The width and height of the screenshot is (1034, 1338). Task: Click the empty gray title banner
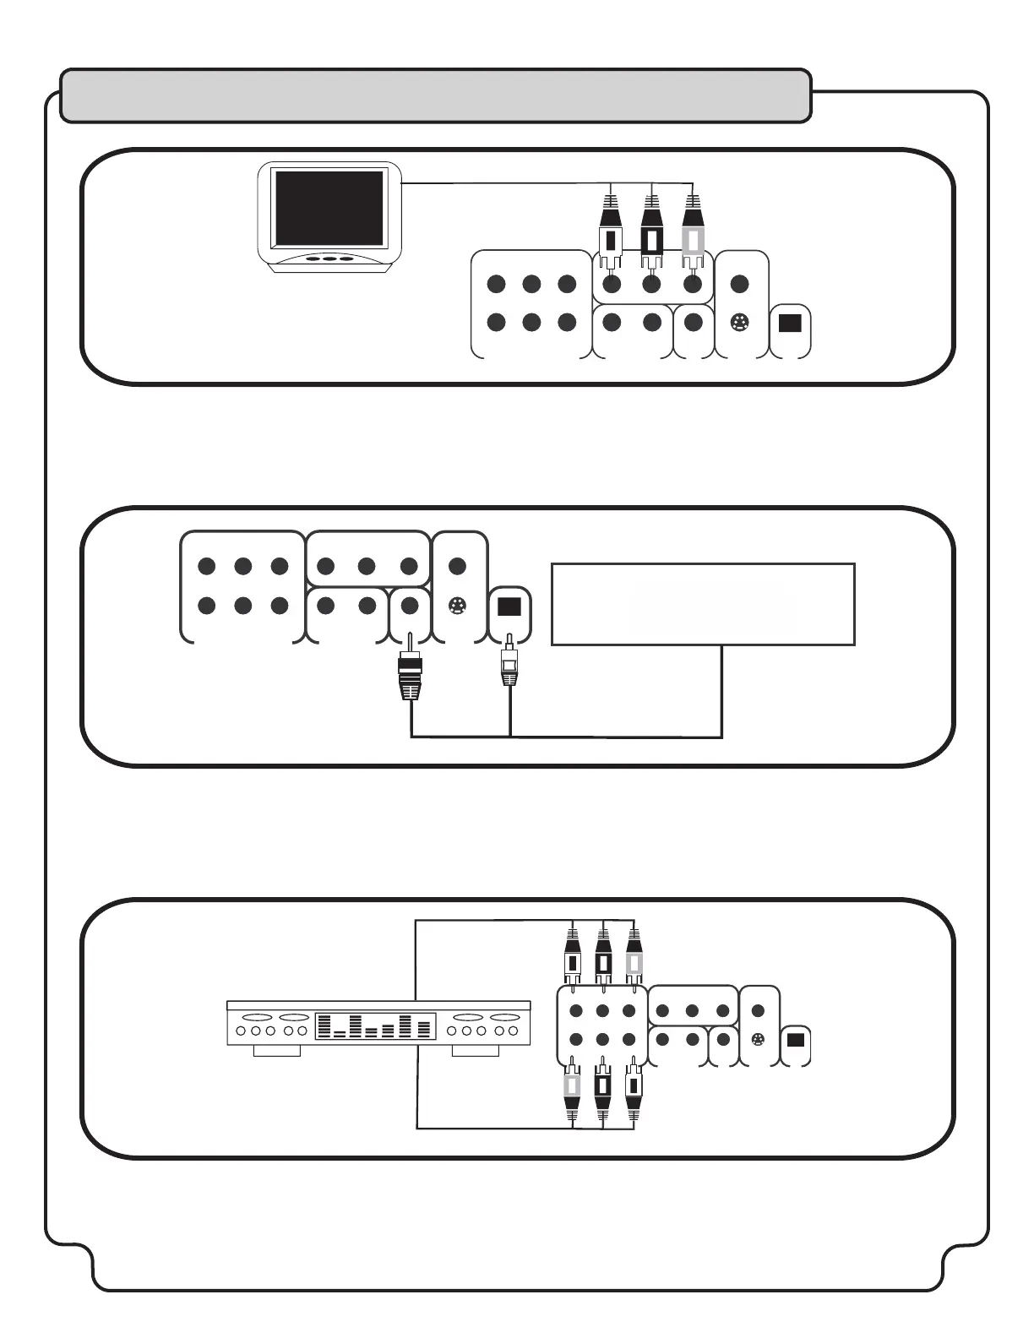[436, 95]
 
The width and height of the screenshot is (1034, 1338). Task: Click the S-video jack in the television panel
[739, 323]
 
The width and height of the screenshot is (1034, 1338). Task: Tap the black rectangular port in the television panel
[790, 324]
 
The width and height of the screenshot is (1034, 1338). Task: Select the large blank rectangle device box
[702, 604]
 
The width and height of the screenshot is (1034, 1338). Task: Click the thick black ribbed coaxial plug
[410, 676]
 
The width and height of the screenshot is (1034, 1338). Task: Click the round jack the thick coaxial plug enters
[410, 605]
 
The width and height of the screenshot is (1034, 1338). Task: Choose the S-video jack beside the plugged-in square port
[457, 606]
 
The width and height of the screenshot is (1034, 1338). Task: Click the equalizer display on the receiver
[375, 1026]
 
